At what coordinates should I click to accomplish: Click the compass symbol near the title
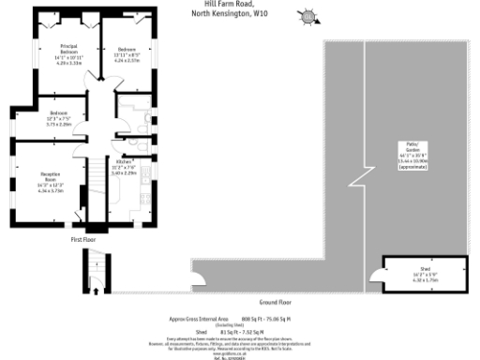point(306,16)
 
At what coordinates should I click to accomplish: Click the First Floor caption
point(84,240)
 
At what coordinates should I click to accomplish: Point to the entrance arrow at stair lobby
point(96,289)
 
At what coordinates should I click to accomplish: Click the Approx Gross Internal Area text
point(198,319)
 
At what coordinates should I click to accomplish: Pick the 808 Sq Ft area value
point(253,319)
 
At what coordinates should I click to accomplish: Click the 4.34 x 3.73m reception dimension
point(51,190)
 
